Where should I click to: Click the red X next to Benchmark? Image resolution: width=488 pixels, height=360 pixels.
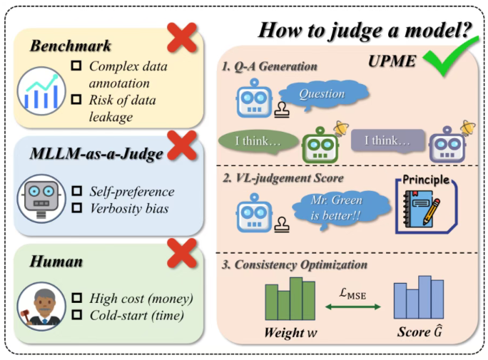pyautogui.click(x=183, y=37)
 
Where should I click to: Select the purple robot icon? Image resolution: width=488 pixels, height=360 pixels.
pyautogui.click(x=444, y=142)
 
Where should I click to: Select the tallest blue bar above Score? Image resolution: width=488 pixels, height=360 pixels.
pyautogui.click(x=425, y=298)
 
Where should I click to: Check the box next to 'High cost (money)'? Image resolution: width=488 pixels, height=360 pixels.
pyautogui.click(x=79, y=299)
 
